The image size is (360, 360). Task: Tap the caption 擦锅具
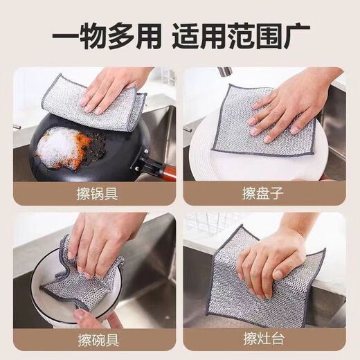96,192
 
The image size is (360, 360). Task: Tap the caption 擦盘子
263,192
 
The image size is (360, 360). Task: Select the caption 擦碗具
96,340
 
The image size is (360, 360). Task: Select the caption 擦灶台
263,340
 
